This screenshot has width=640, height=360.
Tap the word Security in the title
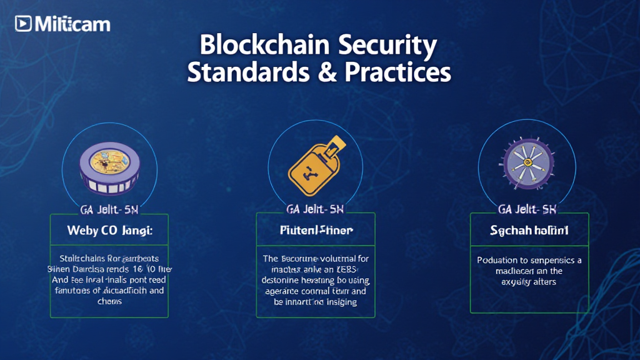387,46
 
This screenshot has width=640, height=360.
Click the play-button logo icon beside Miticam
24,24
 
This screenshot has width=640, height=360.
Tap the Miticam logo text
72,24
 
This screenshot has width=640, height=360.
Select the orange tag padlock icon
314,164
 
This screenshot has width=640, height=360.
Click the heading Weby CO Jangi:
109,231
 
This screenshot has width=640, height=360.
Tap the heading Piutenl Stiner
316,231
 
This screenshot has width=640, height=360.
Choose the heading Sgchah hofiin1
529,231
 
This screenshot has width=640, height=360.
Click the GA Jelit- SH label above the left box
109,208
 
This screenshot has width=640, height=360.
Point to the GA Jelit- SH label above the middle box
316,208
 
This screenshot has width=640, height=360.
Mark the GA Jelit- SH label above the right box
528,208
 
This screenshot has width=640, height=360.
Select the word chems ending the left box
109,301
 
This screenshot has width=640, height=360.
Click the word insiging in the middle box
338,302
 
